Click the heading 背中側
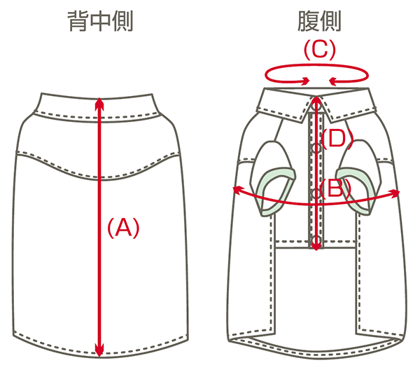click(99, 23)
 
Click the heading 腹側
click(319, 23)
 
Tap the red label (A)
click(123, 227)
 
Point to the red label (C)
click(319, 50)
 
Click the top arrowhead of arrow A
click(99, 102)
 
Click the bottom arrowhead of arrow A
click(99, 350)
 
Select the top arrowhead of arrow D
click(317, 100)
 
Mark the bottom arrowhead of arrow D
click(317, 245)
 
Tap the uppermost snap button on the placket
click(316, 148)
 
